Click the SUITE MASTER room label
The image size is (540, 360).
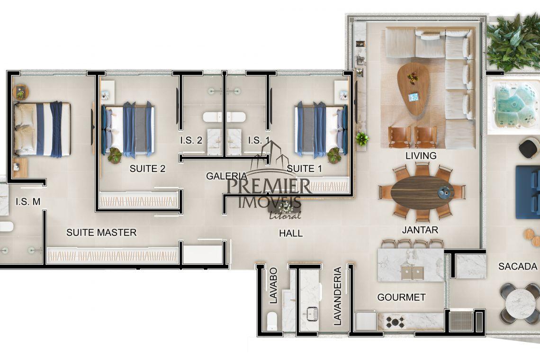pos(101,233)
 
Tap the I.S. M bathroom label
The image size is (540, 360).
pos(28,201)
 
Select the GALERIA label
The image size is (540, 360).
pos(226,176)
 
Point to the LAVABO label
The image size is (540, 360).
pos(273,286)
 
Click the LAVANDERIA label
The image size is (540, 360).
pos(337,296)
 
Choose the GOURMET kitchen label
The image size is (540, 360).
pos(402,297)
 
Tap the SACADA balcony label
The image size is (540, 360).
pos(518,266)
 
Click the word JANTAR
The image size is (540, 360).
pos(420,230)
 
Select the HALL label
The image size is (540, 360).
pos(291,234)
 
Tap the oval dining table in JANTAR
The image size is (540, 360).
pos(423,193)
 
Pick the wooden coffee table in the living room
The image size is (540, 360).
pos(413,89)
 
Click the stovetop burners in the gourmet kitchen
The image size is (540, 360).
pos(395,322)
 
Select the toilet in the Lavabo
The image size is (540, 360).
pos(272,320)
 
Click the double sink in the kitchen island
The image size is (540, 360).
pos(413,273)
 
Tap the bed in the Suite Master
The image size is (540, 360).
pos(42,129)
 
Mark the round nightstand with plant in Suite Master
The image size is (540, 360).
pos(21,92)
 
